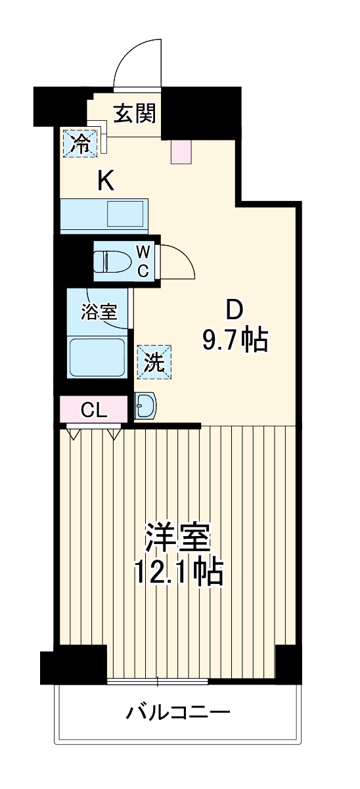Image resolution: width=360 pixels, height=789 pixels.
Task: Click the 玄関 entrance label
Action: point(135,114)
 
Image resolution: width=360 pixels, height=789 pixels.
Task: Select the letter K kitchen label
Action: point(106,180)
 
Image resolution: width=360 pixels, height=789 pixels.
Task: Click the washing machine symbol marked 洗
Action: point(154,363)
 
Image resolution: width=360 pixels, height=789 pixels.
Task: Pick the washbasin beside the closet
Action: point(145,407)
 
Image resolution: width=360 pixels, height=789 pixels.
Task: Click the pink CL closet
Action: point(93,410)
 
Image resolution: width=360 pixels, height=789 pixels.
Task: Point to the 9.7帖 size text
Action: point(235,341)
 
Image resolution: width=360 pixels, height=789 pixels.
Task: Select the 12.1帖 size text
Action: point(178,574)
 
